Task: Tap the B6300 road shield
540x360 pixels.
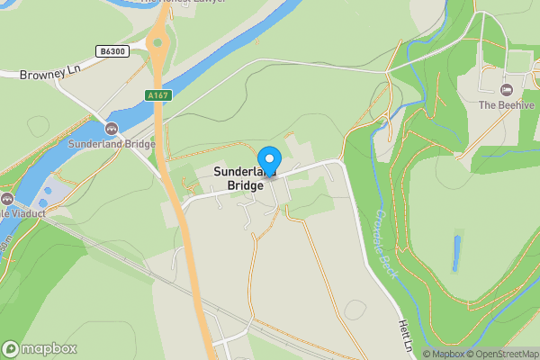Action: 112,53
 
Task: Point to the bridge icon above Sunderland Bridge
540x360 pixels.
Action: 112,129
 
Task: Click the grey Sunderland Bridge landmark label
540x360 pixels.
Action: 112,144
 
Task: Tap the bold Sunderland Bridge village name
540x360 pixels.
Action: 238,178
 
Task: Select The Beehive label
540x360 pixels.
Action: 503,105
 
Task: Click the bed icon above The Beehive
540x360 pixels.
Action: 506,90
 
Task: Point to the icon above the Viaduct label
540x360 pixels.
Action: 6,199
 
